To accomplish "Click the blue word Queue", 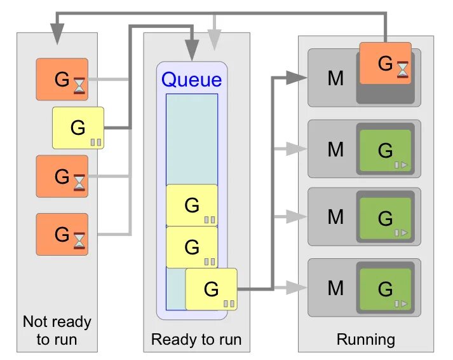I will (x=192, y=80).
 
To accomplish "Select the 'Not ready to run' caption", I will (x=57, y=330).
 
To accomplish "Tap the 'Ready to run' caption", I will (x=196, y=340).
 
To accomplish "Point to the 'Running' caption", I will (x=365, y=340).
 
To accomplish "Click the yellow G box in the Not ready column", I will (x=78, y=128).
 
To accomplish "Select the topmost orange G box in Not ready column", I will (x=62, y=80).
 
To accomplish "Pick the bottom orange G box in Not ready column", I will (x=62, y=234).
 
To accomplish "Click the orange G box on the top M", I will (x=385, y=63).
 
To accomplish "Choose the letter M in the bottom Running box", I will (x=335, y=288).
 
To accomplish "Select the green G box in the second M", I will (x=385, y=151).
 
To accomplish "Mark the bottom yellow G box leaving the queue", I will (x=211, y=289).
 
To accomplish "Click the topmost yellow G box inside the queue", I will (x=192, y=205).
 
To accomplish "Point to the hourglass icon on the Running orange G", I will (x=403, y=69).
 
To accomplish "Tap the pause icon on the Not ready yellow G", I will (x=96, y=142).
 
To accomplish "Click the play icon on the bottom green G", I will (x=400, y=303).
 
